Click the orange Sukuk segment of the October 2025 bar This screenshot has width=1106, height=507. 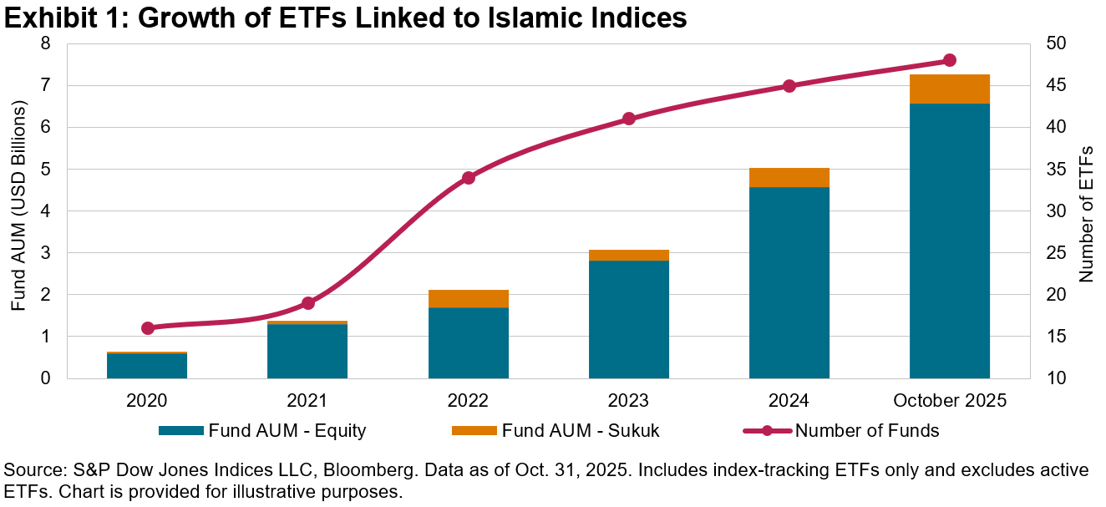949,89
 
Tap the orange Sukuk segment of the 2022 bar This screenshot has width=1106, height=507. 468,298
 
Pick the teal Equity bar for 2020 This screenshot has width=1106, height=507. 147,366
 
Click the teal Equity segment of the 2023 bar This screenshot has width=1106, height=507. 628,319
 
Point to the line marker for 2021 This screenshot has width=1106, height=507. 307,303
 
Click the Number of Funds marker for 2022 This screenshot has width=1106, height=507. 468,178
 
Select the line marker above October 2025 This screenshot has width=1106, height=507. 949,60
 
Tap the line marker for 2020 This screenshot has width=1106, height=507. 148,328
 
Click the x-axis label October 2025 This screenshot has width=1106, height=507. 949,401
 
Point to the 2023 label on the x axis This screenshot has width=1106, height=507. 628,401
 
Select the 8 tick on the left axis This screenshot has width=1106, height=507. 44,44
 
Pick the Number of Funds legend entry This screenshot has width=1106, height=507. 866,431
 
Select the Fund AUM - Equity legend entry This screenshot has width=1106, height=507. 287,431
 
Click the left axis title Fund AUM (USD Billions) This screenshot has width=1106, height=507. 18,207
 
